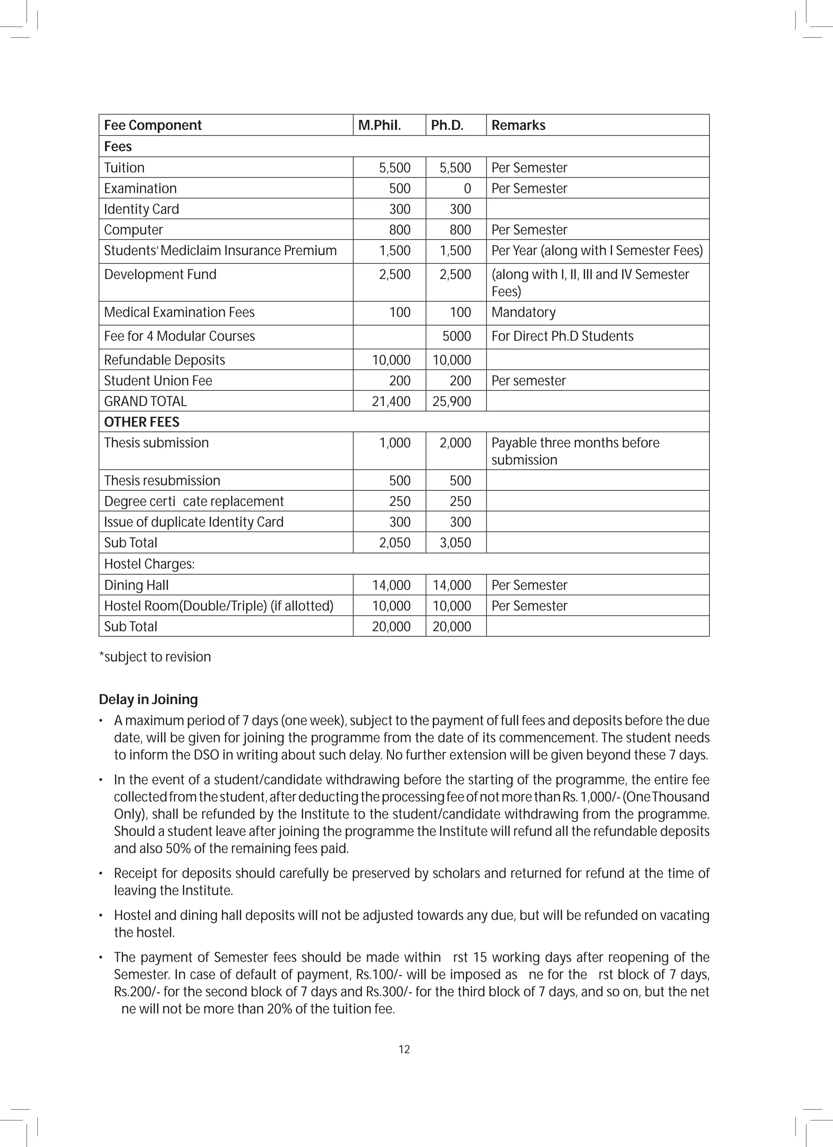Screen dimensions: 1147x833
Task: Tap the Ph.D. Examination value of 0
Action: [467, 189]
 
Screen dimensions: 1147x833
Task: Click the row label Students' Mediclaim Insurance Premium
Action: [220, 251]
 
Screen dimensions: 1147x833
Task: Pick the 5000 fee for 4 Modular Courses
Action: [456, 336]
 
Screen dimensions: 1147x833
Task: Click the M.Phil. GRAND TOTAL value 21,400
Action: [391, 401]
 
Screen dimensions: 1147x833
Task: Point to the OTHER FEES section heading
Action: [142, 422]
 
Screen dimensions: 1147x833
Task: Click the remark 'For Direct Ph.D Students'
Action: [562, 336]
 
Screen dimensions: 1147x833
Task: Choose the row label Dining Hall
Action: [136, 585]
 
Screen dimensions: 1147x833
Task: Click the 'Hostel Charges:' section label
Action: [149, 564]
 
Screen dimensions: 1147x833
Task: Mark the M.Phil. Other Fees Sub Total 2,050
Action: [395, 543]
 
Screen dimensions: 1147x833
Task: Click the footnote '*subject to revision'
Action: [155, 657]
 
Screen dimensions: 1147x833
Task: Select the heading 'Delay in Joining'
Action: [148, 700]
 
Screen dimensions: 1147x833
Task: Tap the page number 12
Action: [404, 1049]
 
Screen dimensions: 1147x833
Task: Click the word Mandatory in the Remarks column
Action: [523, 312]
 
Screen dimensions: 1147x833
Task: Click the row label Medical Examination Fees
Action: [179, 312]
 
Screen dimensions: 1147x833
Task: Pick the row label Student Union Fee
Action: [158, 381]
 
